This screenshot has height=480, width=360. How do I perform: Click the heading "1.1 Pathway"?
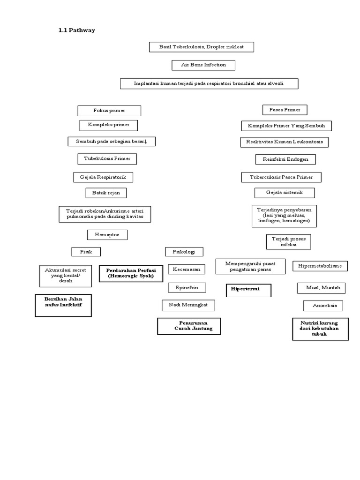[x=76, y=30]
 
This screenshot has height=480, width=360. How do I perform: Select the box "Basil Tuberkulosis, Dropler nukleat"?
[x=202, y=47]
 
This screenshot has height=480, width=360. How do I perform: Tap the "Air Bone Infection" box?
[x=203, y=65]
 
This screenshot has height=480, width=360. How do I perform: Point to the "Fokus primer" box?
[x=109, y=111]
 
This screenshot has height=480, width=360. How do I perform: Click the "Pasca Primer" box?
[x=285, y=110]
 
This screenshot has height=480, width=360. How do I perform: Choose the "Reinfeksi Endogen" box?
[x=285, y=159]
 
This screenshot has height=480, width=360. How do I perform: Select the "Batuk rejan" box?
[x=106, y=193]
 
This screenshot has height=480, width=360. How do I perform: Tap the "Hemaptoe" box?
[x=107, y=234]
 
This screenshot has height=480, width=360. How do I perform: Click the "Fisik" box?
[x=86, y=252]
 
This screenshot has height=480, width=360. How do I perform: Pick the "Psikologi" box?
[x=184, y=252]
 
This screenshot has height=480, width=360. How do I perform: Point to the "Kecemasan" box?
[x=187, y=270]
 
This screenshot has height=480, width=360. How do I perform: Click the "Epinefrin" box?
[x=187, y=287]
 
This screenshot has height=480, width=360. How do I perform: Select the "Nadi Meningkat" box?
[x=188, y=305]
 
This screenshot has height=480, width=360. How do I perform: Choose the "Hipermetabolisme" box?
[x=320, y=266]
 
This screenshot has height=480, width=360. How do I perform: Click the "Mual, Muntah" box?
[x=321, y=288]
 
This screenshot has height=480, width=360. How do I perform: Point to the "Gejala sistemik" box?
[x=285, y=193]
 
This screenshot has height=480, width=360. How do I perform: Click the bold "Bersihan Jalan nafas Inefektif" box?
[x=63, y=305]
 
